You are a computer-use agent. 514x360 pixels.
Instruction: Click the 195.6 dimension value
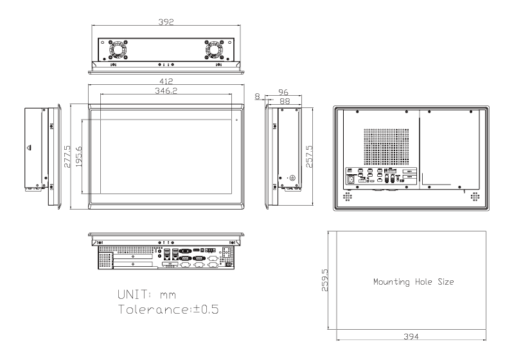(78, 157)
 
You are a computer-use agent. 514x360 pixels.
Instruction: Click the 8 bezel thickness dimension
(258, 96)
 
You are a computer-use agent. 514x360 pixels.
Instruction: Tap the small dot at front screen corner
(236, 120)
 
